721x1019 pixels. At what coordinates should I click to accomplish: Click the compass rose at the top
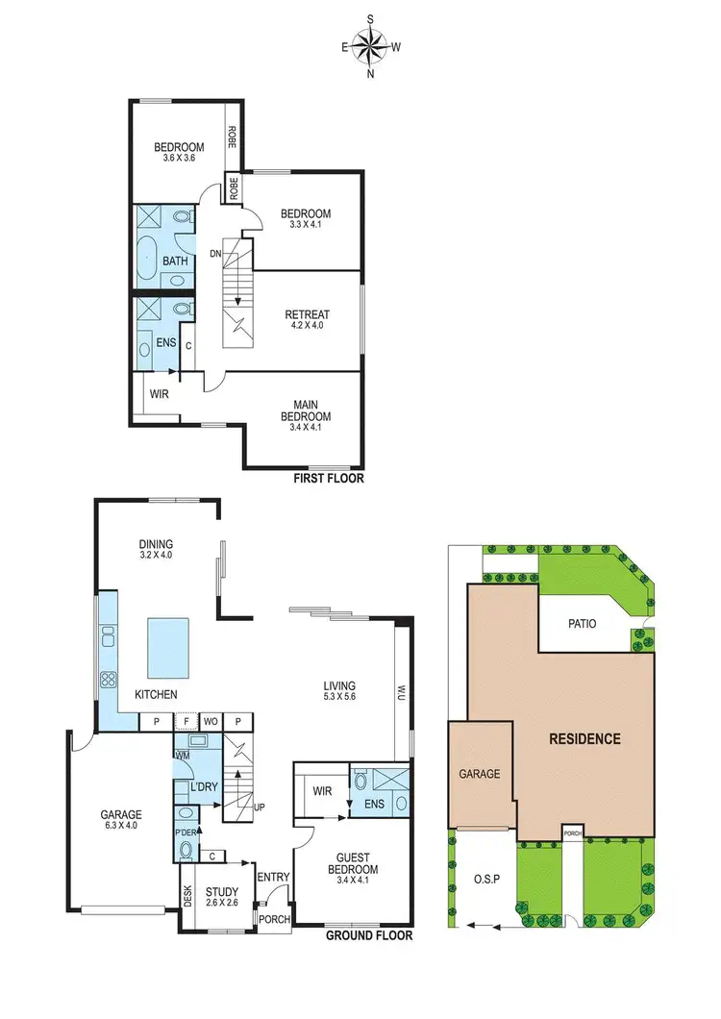tap(370, 44)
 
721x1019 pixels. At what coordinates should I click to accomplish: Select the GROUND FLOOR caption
tap(369, 934)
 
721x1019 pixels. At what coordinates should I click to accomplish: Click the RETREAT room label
tap(307, 315)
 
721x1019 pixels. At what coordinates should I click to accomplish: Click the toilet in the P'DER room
tap(186, 849)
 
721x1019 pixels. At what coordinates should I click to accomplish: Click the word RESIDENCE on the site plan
tap(584, 739)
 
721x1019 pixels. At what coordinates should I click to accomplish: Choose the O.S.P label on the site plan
tap(485, 878)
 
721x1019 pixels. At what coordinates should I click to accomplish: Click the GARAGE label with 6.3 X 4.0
tap(121, 819)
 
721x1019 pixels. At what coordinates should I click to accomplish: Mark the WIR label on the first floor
tap(159, 393)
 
